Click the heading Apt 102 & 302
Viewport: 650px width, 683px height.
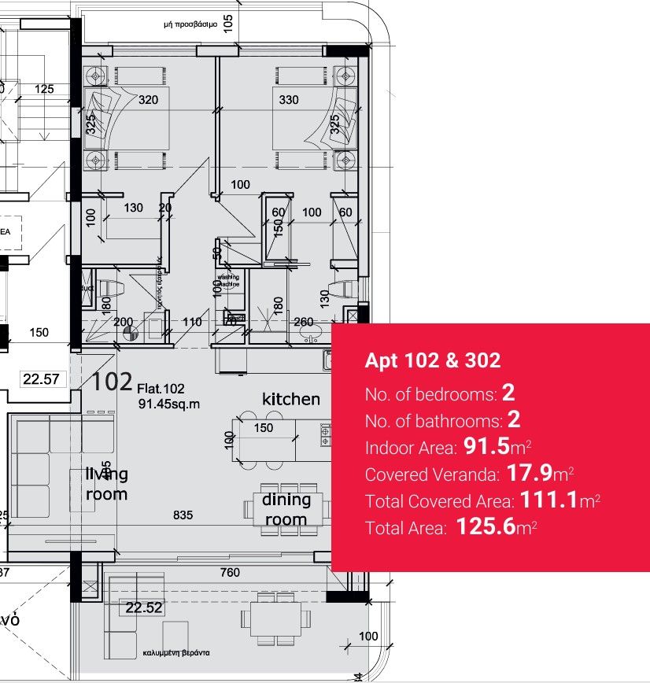pos(432,360)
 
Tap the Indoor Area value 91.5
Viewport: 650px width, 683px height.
pos(484,447)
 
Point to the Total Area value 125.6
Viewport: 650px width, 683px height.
pos(484,526)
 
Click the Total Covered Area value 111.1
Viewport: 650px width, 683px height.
pos(548,500)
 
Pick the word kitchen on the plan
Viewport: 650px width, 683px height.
pos(291,399)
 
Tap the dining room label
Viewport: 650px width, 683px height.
pos(286,509)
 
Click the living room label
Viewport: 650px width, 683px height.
pos(106,483)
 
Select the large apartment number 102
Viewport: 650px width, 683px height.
pos(112,382)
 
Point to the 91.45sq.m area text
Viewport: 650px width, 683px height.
pos(169,404)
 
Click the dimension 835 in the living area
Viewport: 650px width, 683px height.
pos(183,515)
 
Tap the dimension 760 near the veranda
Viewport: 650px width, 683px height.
pos(230,573)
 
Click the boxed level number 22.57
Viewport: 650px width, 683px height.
pos(41,379)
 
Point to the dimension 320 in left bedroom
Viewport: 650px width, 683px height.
pos(149,100)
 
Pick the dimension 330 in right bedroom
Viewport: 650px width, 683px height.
pos(289,100)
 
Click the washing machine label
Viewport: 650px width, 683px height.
pos(229,281)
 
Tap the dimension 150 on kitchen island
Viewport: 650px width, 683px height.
pos(264,427)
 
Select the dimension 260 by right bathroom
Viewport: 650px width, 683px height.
pos(303,322)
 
